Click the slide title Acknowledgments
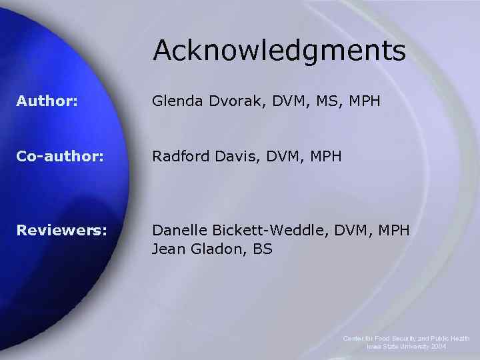tap(279, 51)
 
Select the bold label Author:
tap(47, 101)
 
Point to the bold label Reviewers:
tap(61, 230)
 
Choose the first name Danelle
tap(179, 230)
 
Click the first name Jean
tap(167, 250)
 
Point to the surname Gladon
tap(213, 250)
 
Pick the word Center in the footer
tap(354, 339)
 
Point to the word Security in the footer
tap(403, 339)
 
